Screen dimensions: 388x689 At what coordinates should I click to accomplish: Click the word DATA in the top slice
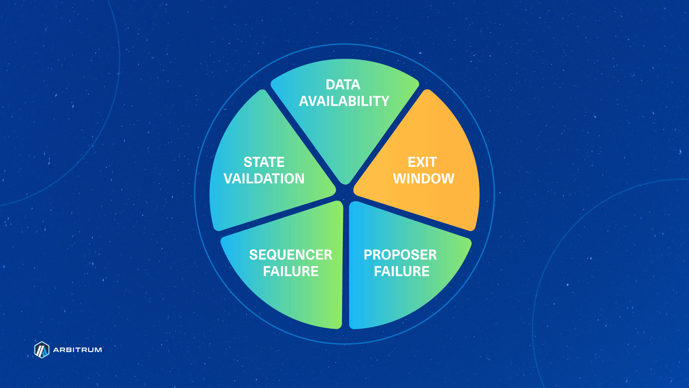point(343,84)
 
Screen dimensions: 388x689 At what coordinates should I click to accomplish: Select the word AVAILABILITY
point(344,101)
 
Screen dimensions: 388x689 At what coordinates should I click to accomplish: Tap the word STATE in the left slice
point(264,162)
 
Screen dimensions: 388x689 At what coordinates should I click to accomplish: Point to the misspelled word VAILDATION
point(264,179)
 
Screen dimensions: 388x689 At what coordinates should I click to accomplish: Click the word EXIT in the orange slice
point(422,162)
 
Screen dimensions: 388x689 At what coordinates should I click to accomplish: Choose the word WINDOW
point(423,179)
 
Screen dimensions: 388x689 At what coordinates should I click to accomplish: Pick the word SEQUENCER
point(290,255)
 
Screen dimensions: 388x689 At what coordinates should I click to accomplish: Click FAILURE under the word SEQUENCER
point(290,271)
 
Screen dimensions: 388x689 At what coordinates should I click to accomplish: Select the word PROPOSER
point(400,255)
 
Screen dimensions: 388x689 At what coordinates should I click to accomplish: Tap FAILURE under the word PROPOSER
point(402,271)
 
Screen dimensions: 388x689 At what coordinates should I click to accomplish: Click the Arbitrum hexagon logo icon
point(42,350)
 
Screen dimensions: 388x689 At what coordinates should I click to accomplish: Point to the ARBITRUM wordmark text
point(77,350)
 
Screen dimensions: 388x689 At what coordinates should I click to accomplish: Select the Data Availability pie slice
point(344,132)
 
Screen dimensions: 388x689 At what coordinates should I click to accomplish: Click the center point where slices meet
point(344,193)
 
